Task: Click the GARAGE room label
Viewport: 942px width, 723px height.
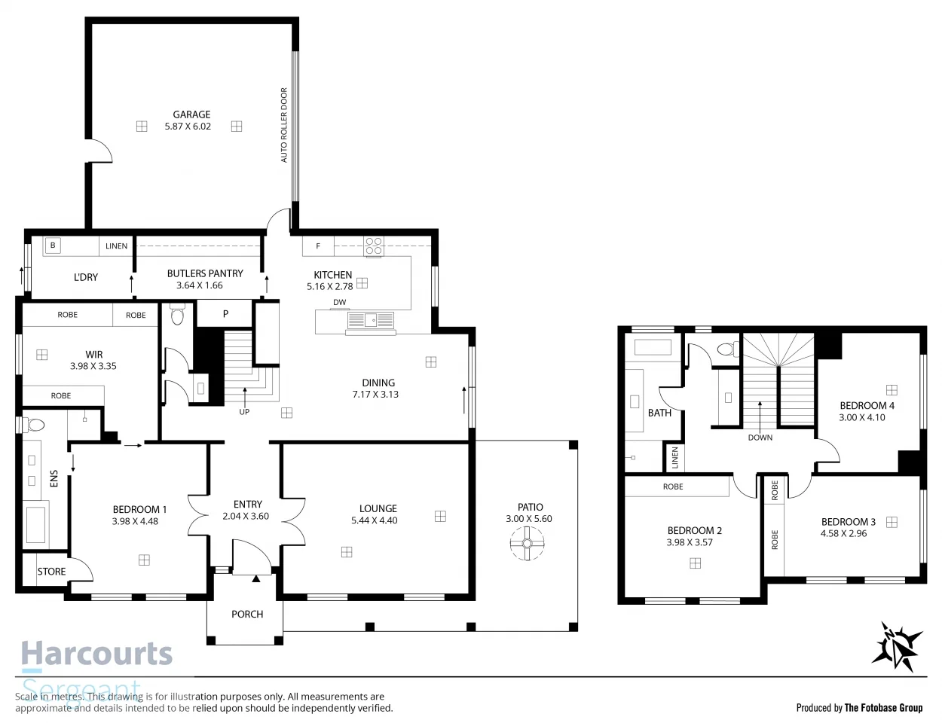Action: click(191, 114)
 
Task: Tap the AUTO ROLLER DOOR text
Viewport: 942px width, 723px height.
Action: click(284, 125)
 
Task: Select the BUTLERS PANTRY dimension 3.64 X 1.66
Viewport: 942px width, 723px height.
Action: click(200, 285)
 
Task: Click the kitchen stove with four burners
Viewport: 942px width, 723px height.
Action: click(374, 246)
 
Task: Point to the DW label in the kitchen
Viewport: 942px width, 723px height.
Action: click(340, 302)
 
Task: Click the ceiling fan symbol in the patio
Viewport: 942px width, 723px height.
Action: click(527, 543)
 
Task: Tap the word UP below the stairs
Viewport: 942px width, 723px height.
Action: click(244, 412)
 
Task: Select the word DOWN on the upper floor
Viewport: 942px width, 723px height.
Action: click(760, 438)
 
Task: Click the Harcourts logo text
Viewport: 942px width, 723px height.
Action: click(97, 654)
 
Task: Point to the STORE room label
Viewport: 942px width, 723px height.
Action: click(52, 572)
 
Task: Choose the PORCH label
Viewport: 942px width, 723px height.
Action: click(247, 615)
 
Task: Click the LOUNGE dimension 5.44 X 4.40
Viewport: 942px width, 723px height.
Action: click(375, 520)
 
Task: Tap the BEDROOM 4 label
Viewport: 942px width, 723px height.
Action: click(867, 405)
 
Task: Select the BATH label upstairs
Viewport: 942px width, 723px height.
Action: click(659, 413)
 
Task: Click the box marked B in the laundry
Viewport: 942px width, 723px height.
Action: click(53, 246)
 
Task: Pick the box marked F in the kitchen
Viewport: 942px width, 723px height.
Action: click(318, 246)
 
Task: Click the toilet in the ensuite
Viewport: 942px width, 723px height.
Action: click(34, 426)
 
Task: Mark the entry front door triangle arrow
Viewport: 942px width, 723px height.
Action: click(256, 578)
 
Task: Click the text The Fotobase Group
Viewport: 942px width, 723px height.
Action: click(882, 707)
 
